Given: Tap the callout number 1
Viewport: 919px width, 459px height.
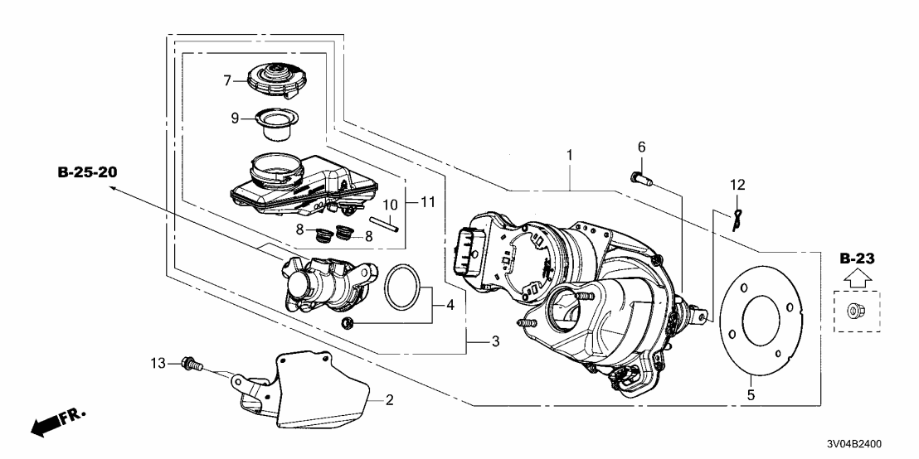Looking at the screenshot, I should pos(569,154).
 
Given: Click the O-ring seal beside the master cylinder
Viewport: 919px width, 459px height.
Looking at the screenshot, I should pos(405,287).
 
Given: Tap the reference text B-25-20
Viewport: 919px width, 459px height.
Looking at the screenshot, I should pos(89,173).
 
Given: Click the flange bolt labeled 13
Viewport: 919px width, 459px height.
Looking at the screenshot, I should pos(192,363).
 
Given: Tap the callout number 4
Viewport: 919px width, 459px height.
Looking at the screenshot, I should pos(451,305).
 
